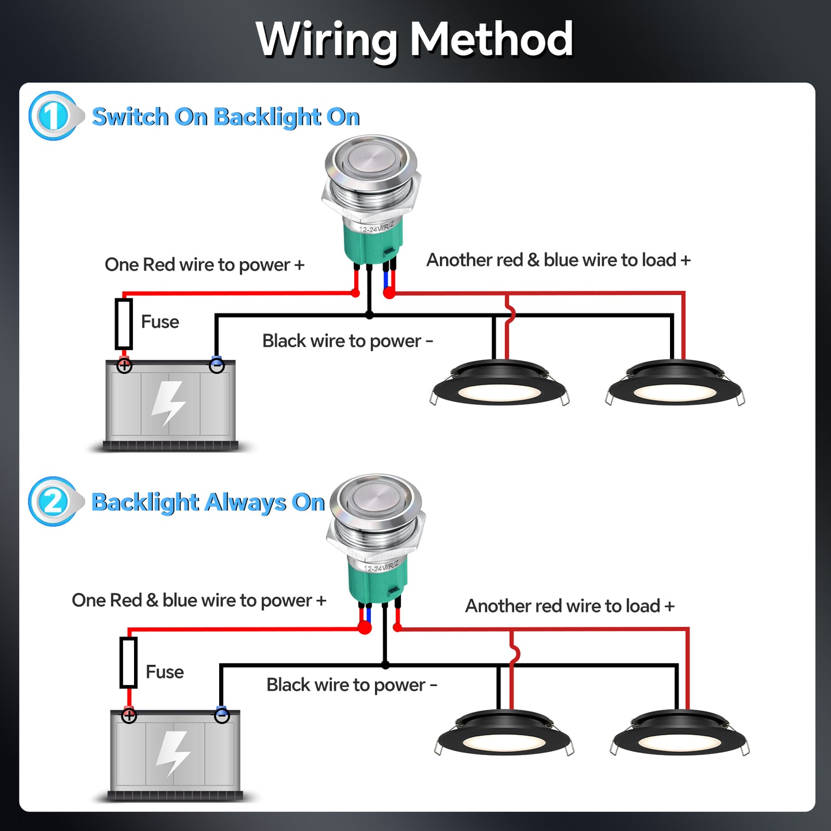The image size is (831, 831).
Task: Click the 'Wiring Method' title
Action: click(x=414, y=39)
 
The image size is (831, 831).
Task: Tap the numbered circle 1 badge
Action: click(x=52, y=116)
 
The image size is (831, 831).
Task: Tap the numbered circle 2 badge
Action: click(x=52, y=501)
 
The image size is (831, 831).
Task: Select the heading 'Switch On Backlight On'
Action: click(x=225, y=117)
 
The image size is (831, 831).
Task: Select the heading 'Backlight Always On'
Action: click(x=208, y=502)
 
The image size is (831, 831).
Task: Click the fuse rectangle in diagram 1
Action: click(x=124, y=324)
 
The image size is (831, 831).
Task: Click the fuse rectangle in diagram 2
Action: click(x=128, y=662)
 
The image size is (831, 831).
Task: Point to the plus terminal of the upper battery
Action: click(x=124, y=366)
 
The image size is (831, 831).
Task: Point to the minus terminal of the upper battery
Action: click(x=217, y=365)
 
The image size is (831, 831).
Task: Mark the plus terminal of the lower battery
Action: click(x=129, y=716)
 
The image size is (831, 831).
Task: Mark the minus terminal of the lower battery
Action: click(x=222, y=716)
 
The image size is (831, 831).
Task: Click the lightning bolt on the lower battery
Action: click(x=173, y=753)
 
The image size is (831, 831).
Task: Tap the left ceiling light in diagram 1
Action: click(x=499, y=384)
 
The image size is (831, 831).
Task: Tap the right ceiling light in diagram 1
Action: click(x=675, y=384)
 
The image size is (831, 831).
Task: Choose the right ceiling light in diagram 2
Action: click(x=680, y=734)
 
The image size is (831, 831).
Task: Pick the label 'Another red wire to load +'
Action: click(x=569, y=606)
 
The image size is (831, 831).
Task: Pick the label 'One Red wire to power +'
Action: click(x=204, y=265)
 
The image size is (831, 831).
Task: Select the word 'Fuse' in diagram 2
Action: click(x=164, y=672)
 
